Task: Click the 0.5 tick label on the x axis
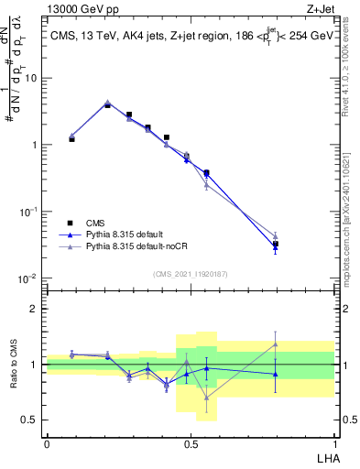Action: point(191,443)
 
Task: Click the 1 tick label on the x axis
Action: point(334,443)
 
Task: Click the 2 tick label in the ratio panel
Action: point(35,309)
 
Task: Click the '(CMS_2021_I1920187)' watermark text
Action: point(190,274)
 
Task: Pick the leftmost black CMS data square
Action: point(72,139)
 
